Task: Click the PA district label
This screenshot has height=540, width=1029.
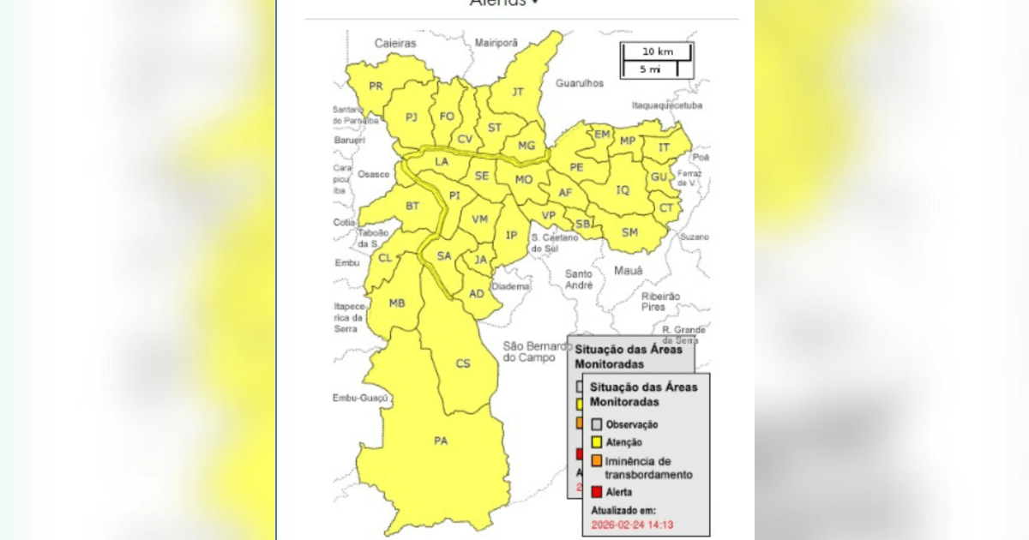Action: coord(441,441)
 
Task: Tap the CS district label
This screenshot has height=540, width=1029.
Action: coord(463,363)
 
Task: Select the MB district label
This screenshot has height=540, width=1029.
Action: coord(397,303)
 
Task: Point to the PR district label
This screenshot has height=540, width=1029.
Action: coord(376,86)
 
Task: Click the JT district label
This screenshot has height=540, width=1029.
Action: coord(518,91)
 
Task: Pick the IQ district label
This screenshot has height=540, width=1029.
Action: coord(623,189)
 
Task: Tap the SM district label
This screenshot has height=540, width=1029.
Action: coord(629,232)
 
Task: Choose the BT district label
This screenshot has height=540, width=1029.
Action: coord(412,206)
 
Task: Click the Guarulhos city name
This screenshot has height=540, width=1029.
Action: coord(580,83)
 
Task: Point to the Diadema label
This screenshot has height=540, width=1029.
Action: coord(512,287)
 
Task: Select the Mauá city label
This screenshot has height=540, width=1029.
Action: coord(628,271)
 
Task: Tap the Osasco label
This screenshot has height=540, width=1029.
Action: coord(374,174)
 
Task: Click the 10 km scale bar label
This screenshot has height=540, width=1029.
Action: coord(658,51)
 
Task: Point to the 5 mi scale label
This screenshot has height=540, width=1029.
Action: coord(650,69)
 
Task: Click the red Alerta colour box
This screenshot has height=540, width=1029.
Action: coord(597,492)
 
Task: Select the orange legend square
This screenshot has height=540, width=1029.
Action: coord(597,461)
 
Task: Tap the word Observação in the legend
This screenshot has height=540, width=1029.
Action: coord(632,424)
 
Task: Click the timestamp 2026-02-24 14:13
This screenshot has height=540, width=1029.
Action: coord(632,524)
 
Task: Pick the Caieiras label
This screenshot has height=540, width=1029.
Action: coord(394,42)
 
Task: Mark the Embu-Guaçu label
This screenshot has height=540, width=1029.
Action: coord(361,399)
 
